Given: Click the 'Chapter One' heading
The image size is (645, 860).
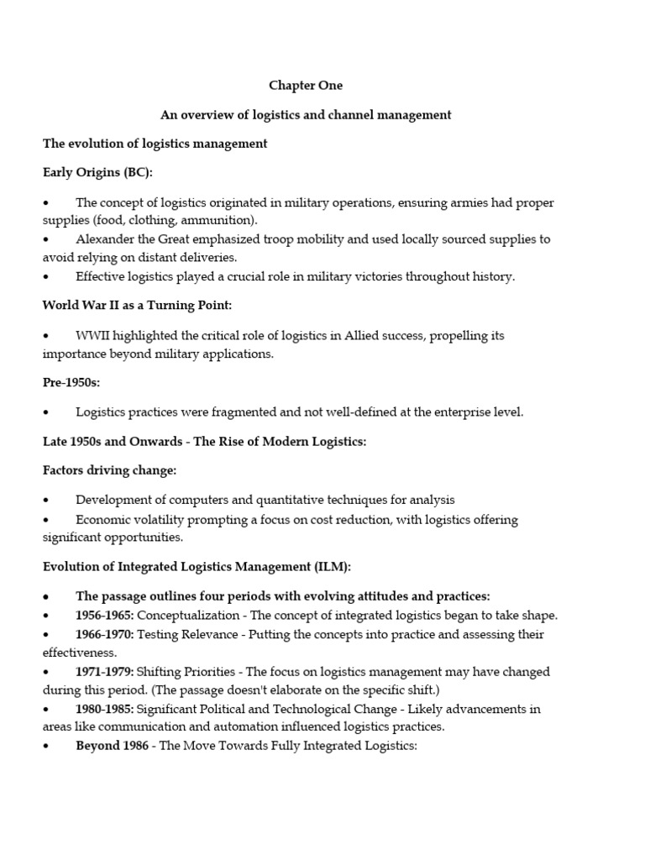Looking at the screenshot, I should click(306, 86).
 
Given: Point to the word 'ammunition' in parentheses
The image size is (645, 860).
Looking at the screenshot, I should click(224, 220).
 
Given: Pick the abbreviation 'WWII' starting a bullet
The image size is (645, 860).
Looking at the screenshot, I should click(91, 336).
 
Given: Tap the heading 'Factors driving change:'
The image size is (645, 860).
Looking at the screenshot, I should click(110, 470).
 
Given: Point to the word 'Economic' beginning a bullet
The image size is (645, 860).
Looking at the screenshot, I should click(103, 520).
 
